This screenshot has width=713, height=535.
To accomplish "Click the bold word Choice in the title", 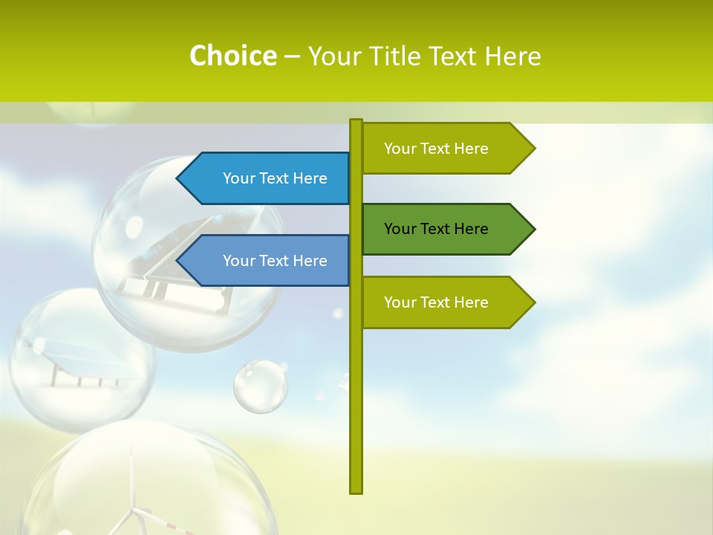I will (x=232, y=56).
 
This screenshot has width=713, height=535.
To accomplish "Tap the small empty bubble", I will (x=261, y=386).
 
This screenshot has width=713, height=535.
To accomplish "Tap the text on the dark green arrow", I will (x=436, y=229).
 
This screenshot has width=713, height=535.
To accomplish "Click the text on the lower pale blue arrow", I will (x=275, y=261).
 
